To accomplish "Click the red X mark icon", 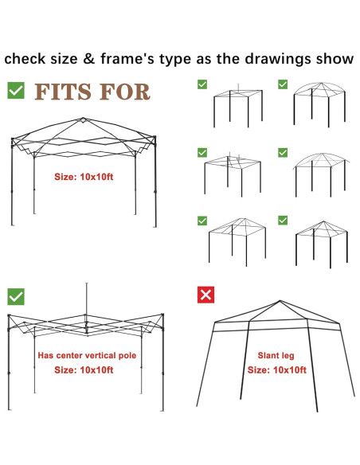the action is [x=205, y=295].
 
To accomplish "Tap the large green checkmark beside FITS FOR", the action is [x=16, y=90].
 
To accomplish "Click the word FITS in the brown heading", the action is [x=63, y=92].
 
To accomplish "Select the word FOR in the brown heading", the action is [x=125, y=92].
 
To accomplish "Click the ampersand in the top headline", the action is [x=88, y=58].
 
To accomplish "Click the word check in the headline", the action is [x=25, y=58].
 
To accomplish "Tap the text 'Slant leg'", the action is [x=276, y=356].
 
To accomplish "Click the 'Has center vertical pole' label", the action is [x=87, y=355].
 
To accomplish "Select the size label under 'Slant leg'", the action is [x=277, y=369].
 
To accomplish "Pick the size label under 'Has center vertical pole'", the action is [x=84, y=369].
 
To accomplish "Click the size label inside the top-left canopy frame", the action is [x=84, y=177].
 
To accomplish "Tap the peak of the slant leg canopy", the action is [x=280, y=301].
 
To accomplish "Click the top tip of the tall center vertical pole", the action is [x=86, y=283].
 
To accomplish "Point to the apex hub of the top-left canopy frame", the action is [x=84, y=119].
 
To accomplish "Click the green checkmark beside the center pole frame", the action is [x=16, y=296].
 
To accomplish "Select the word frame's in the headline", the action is [x=127, y=58].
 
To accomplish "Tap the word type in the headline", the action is [x=175, y=59].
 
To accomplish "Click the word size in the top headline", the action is [x=64, y=58].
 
